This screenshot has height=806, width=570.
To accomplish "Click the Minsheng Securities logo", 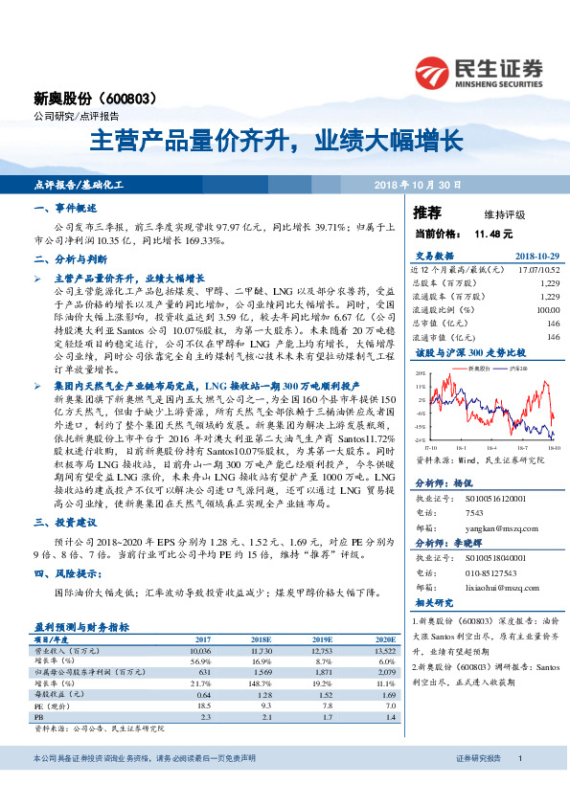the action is point(478,72).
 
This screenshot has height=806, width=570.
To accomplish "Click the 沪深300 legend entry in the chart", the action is point(516,368).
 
